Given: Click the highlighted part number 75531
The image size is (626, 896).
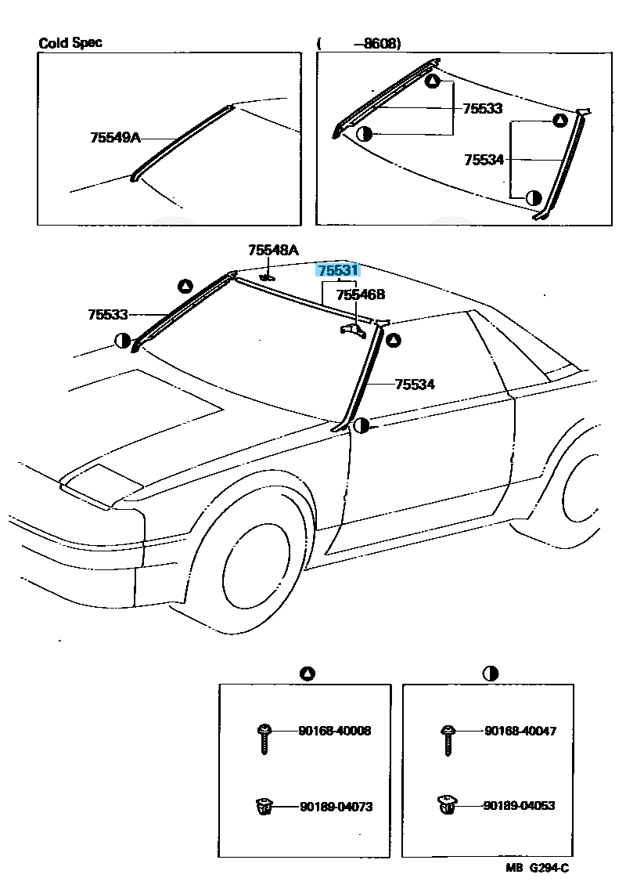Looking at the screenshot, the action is [x=338, y=270].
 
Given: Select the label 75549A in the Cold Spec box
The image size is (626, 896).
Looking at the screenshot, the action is [x=115, y=137].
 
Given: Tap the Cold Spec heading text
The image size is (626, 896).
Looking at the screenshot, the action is [x=70, y=43].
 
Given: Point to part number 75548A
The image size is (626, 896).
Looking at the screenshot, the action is [x=273, y=250].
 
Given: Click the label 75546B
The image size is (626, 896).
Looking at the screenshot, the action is [x=361, y=294].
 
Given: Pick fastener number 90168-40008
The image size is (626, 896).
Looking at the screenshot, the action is [x=334, y=730].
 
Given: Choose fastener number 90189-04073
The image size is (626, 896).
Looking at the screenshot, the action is [x=336, y=806].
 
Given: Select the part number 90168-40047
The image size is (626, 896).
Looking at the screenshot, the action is [x=520, y=730].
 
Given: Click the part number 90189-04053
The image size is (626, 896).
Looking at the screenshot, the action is [x=519, y=805].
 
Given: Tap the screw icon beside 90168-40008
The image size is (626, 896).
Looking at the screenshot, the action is [x=264, y=739].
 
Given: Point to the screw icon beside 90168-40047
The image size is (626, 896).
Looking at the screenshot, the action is [x=448, y=739].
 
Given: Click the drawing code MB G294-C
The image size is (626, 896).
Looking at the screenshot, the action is [x=537, y=868].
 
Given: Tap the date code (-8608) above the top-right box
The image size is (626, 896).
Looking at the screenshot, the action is [x=359, y=43].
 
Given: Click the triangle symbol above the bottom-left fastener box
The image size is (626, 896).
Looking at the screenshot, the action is [x=307, y=674].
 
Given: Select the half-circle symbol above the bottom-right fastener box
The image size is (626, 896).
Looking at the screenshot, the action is [x=490, y=674].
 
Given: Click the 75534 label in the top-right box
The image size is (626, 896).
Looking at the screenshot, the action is [x=484, y=160].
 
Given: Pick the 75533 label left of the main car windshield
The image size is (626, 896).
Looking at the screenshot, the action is [x=108, y=314].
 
